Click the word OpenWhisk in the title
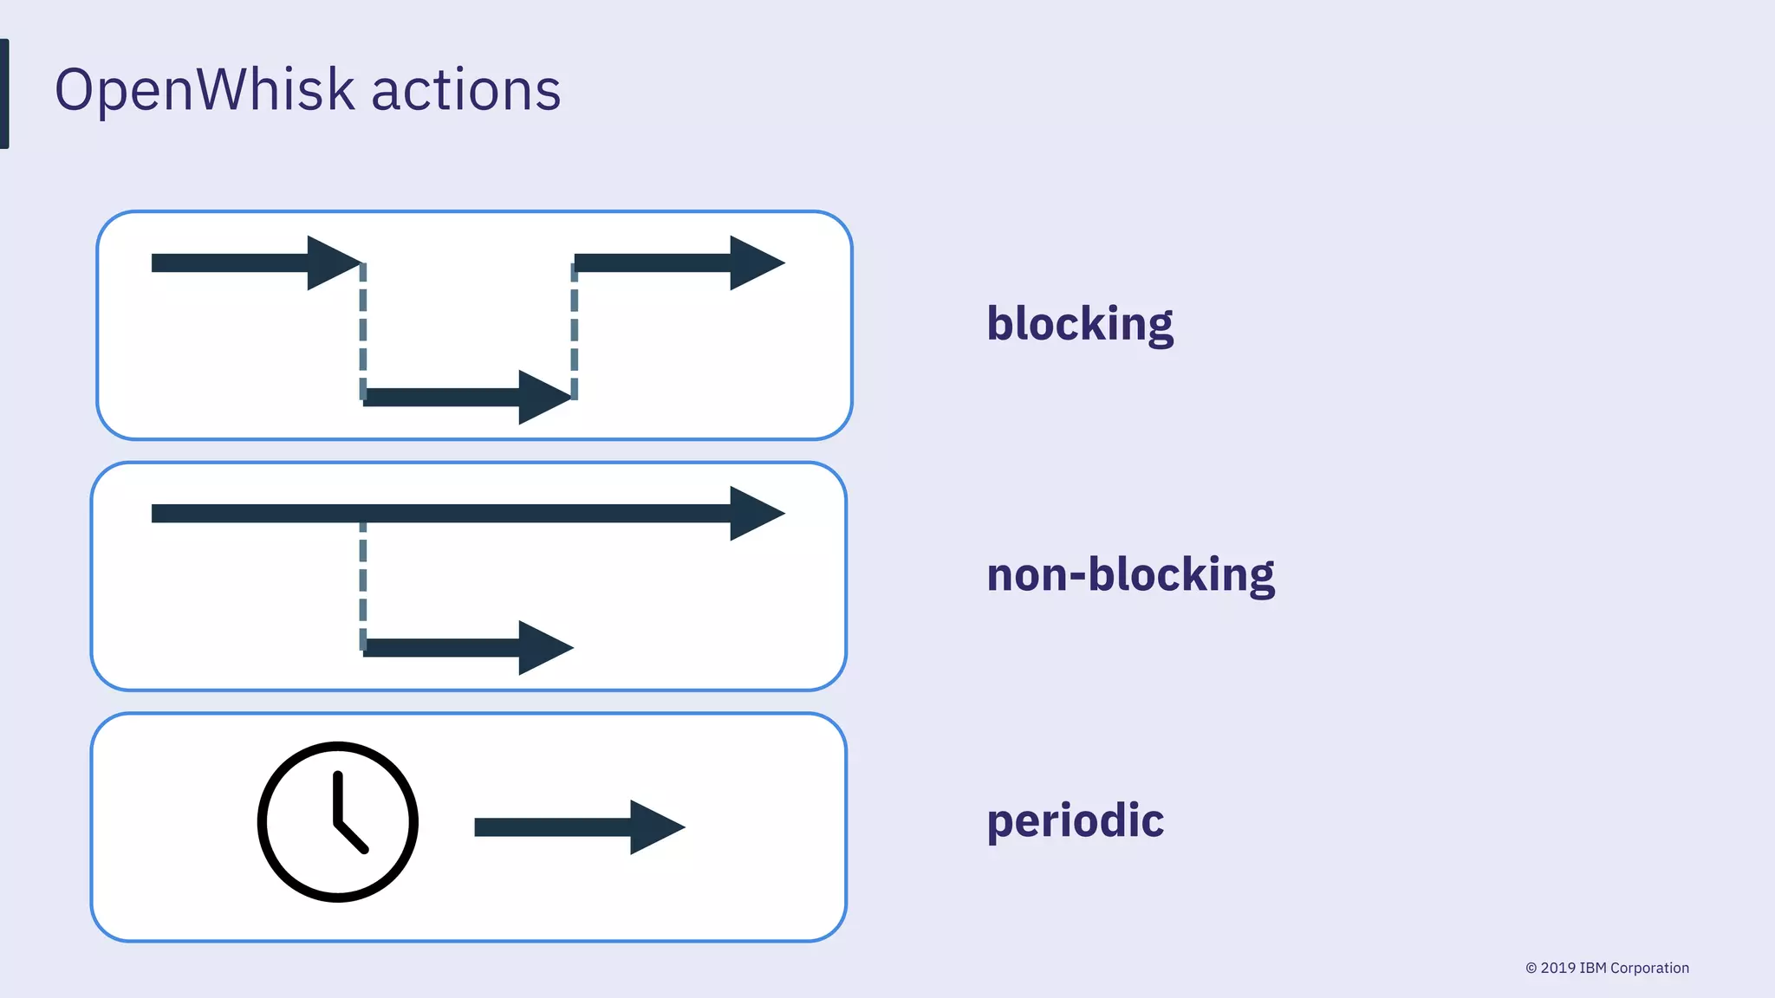[x=205, y=90]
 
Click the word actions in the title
[x=465, y=90]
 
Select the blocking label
[x=1080, y=324]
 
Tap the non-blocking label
[x=1130, y=575]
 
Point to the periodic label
[x=1075, y=820]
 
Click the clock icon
[x=338, y=821]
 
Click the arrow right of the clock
[x=579, y=827]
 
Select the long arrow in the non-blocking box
[x=468, y=514]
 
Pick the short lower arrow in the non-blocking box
[x=468, y=648]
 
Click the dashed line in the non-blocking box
[x=363, y=585]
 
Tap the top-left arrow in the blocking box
[x=256, y=262]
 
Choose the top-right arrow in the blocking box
[x=679, y=262]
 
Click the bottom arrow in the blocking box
[x=468, y=398]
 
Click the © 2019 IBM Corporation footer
[x=1607, y=968]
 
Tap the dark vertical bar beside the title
[x=4, y=94]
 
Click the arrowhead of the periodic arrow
[x=657, y=827]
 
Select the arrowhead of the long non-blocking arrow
[x=756, y=514]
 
